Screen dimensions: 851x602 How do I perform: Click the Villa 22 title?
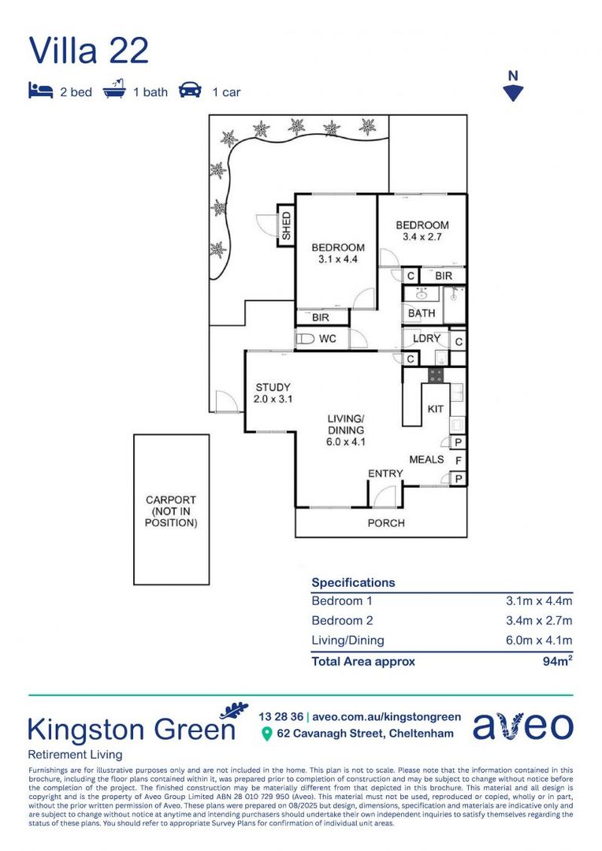[x=88, y=50]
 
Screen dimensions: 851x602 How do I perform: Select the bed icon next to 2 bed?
[x=40, y=91]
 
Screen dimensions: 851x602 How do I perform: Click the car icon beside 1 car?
[x=190, y=91]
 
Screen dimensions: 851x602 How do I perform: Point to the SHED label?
[x=286, y=225]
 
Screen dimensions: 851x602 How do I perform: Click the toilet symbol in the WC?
[x=304, y=339]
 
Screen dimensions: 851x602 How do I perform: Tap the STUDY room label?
[x=273, y=393]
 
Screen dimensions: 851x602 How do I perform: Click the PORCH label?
[x=386, y=522]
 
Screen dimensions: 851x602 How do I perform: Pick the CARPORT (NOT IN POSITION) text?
[x=171, y=511]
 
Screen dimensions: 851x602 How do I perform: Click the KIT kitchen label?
[x=435, y=409]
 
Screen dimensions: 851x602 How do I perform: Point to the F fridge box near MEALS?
[x=458, y=459]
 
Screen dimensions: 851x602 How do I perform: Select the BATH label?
[x=422, y=313]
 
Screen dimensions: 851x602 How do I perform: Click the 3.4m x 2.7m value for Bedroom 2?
[x=539, y=620]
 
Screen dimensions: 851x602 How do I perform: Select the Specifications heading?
[x=353, y=582]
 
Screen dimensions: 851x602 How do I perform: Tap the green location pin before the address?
[x=266, y=734]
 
